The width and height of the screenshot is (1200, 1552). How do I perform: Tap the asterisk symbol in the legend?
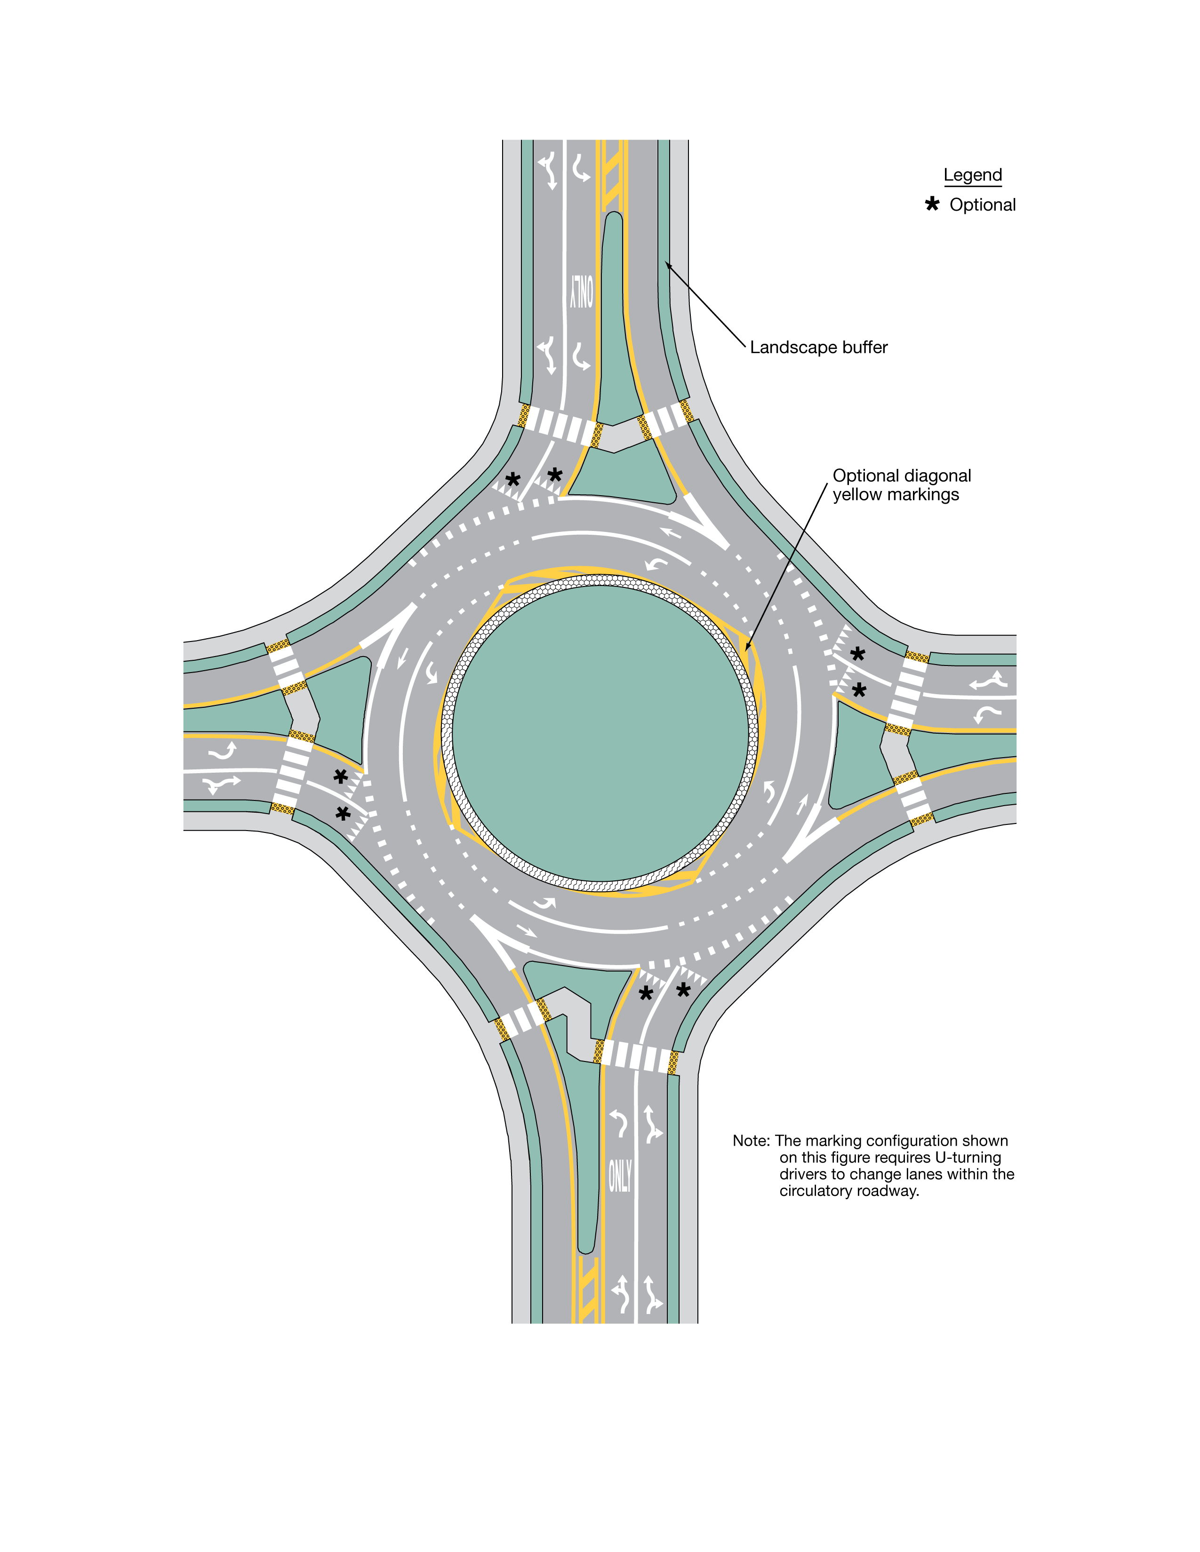tap(931, 205)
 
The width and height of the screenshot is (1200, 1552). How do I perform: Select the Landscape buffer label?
tap(818, 348)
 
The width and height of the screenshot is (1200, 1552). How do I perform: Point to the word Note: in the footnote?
tap(751, 1140)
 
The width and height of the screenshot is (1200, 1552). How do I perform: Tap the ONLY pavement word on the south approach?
tap(619, 1176)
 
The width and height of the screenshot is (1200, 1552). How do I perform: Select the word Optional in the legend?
tap(983, 205)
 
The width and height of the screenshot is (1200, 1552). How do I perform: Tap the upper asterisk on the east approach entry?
tap(858, 654)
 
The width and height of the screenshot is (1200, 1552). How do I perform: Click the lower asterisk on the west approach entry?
tap(343, 814)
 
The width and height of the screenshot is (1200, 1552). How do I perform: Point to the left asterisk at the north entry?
tap(512, 480)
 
